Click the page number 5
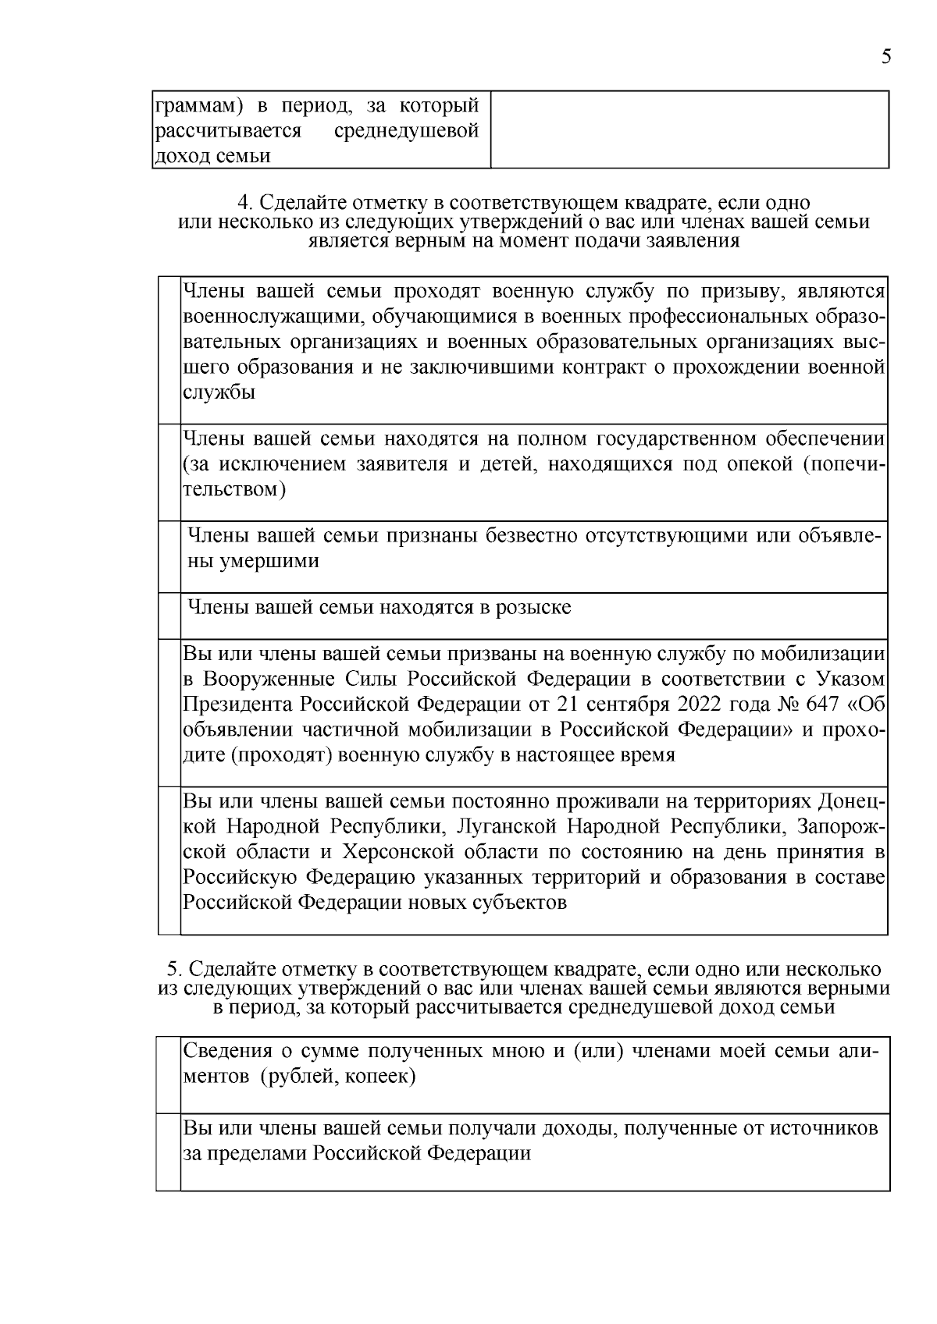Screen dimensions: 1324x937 tap(885, 57)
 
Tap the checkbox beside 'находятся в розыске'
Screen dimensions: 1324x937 tap(169, 616)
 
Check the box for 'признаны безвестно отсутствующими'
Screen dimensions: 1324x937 tap(169, 556)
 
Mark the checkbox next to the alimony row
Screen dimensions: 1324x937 tap(168, 1074)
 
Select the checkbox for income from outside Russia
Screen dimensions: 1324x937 tap(168, 1152)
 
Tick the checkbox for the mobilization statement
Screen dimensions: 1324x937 tap(169, 712)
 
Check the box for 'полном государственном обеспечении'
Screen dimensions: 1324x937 tap(169, 472)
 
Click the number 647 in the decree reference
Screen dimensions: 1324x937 tap(821, 705)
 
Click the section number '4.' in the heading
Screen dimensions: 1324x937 tap(245, 204)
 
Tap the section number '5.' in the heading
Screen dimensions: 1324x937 tap(176, 970)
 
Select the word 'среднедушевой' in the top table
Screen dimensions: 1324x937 tap(406, 130)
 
